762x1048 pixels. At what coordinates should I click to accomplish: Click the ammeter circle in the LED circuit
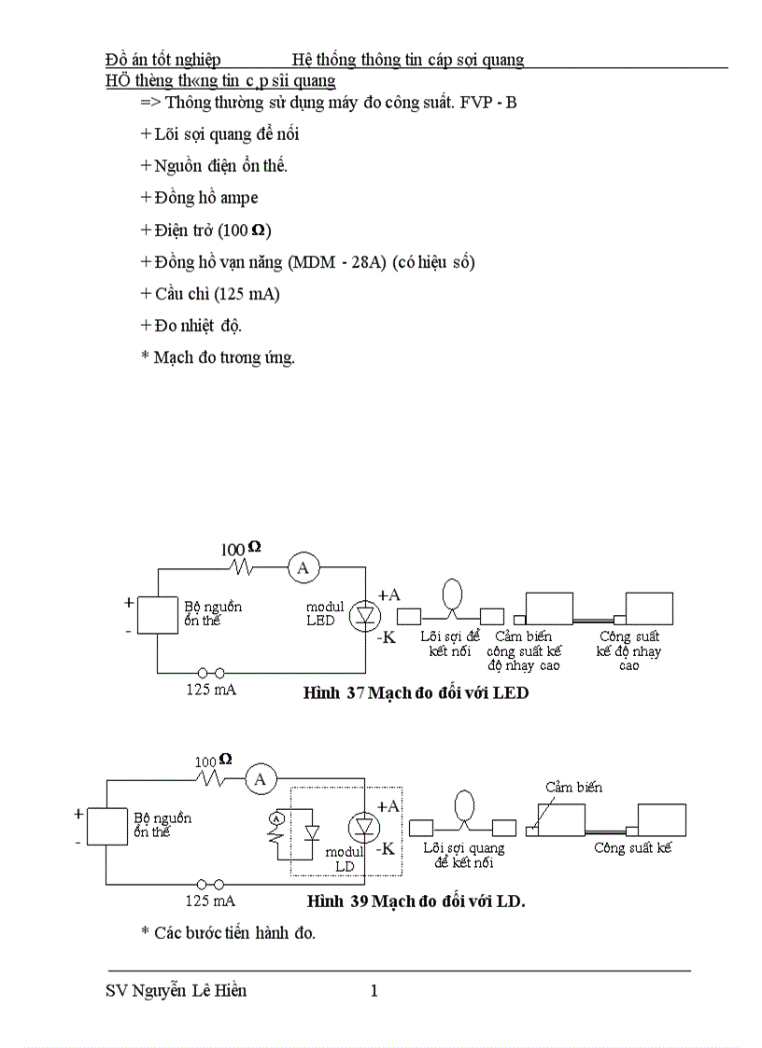(302, 566)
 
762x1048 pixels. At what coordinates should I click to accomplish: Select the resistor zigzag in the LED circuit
(246, 566)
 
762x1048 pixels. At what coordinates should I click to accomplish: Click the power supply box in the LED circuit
(157, 616)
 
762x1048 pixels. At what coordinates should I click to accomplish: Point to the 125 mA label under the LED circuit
(210, 690)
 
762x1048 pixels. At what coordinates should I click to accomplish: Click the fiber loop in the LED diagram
(452, 594)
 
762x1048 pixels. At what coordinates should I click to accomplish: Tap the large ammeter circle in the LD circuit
(261, 778)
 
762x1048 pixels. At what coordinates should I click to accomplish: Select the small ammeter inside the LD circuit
(275, 818)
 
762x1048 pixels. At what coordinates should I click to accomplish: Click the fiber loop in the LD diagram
(463, 805)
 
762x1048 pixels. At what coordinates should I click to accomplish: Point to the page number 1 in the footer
(374, 991)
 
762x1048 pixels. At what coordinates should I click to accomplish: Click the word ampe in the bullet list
(239, 198)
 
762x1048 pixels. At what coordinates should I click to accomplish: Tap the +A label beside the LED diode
(388, 594)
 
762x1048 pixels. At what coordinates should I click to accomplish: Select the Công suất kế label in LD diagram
(632, 848)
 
